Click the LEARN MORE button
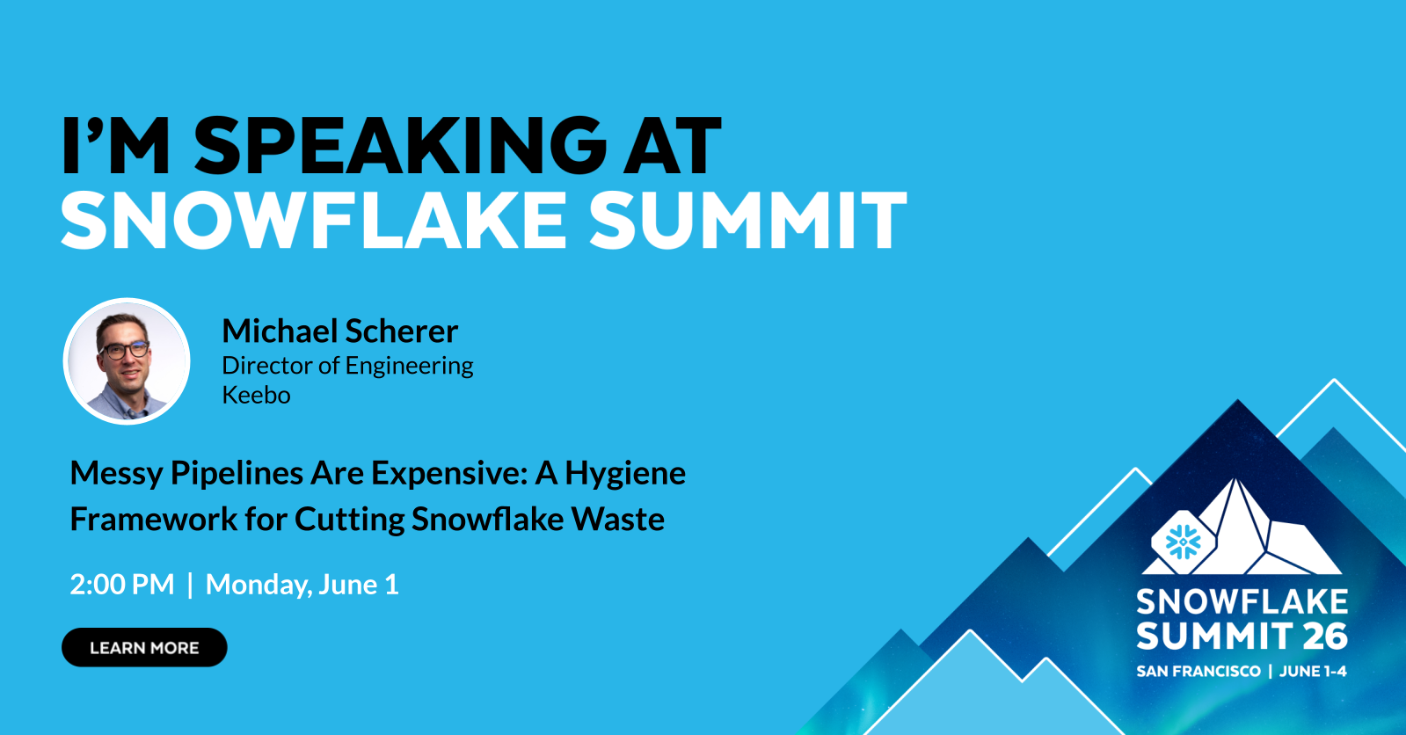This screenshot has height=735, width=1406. click(144, 648)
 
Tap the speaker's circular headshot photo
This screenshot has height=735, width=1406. click(127, 361)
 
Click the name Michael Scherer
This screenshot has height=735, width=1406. click(339, 331)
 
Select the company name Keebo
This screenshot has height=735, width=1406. click(256, 395)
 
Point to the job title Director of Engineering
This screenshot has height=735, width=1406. click(347, 366)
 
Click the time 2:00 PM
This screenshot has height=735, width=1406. click(122, 585)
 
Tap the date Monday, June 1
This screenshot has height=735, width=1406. click(302, 585)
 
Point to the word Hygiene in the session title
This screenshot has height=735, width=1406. click(625, 474)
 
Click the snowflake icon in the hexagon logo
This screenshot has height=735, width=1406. click(1183, 542)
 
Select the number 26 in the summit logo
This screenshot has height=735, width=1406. click(1325, 637)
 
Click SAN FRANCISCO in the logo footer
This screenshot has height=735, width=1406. click(1198, 672)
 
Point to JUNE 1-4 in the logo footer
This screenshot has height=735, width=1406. click(1313, 672)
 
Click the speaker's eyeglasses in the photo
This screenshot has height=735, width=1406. click(124, 350)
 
